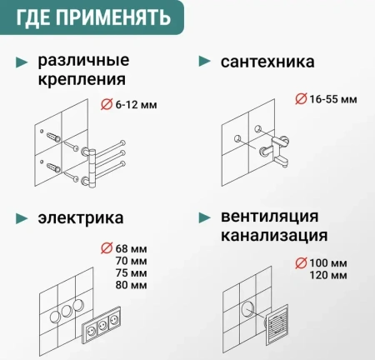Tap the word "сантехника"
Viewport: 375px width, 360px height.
tap(267, 62)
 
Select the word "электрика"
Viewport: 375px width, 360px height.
tap(81, 218)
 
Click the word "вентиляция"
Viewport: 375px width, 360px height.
tap(274, 216)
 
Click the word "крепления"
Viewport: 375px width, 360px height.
tap(82, 80)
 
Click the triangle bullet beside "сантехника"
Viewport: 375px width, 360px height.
tap(202, 62)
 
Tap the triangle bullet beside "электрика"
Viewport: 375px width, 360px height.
tap(22, 218)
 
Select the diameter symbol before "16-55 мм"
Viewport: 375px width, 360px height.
tap(301, 99)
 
